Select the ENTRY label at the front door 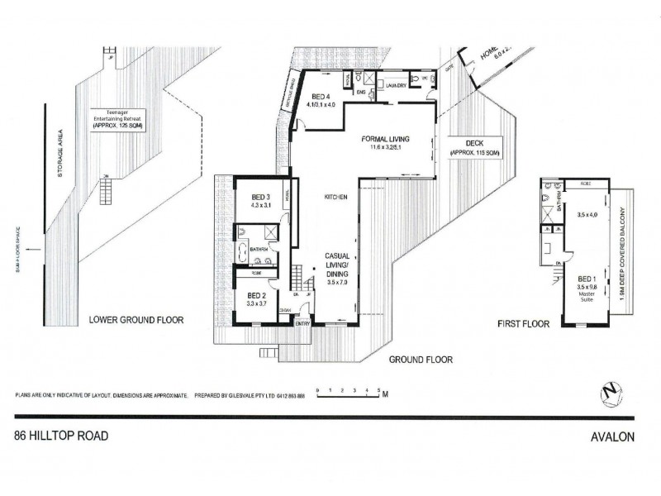tap(304, 323)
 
